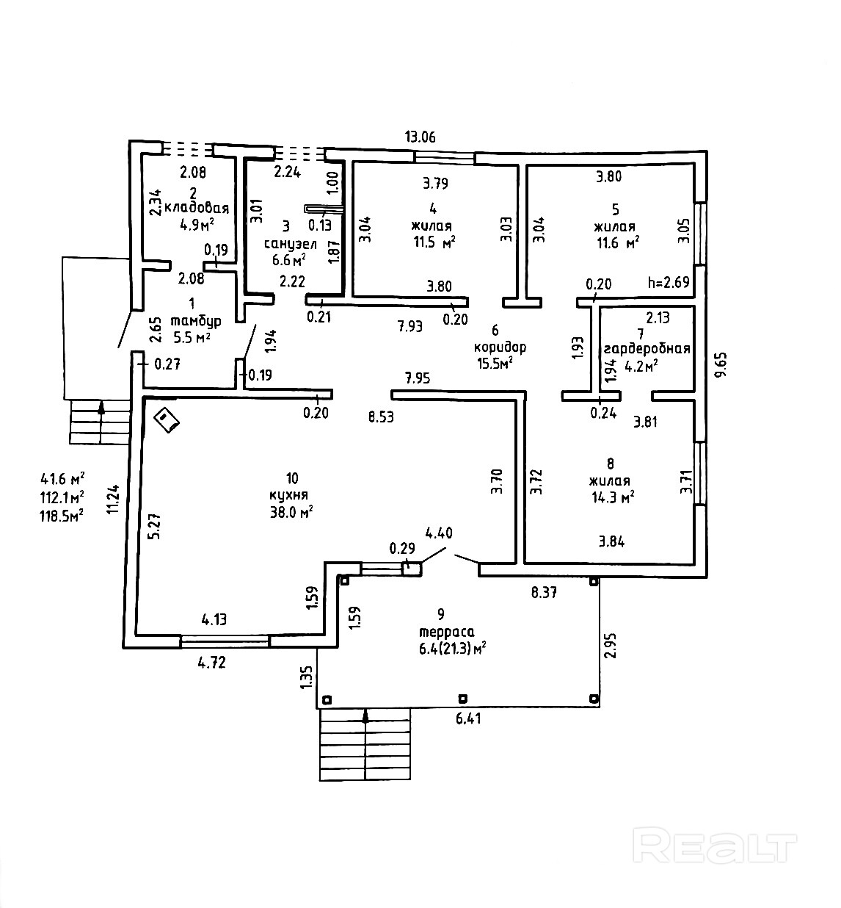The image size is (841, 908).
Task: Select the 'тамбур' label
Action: pos(195,321)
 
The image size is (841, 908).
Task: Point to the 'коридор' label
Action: pos(500,347)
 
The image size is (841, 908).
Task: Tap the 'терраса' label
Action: pos(446,631)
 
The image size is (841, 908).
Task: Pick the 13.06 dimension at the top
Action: pos(420,136)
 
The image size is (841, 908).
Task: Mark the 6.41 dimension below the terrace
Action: pos(467,719)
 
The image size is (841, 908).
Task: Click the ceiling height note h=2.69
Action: pos(669,282)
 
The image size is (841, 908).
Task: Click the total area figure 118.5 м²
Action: pos(62,515)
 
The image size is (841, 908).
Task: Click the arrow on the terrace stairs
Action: pos(365,718)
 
